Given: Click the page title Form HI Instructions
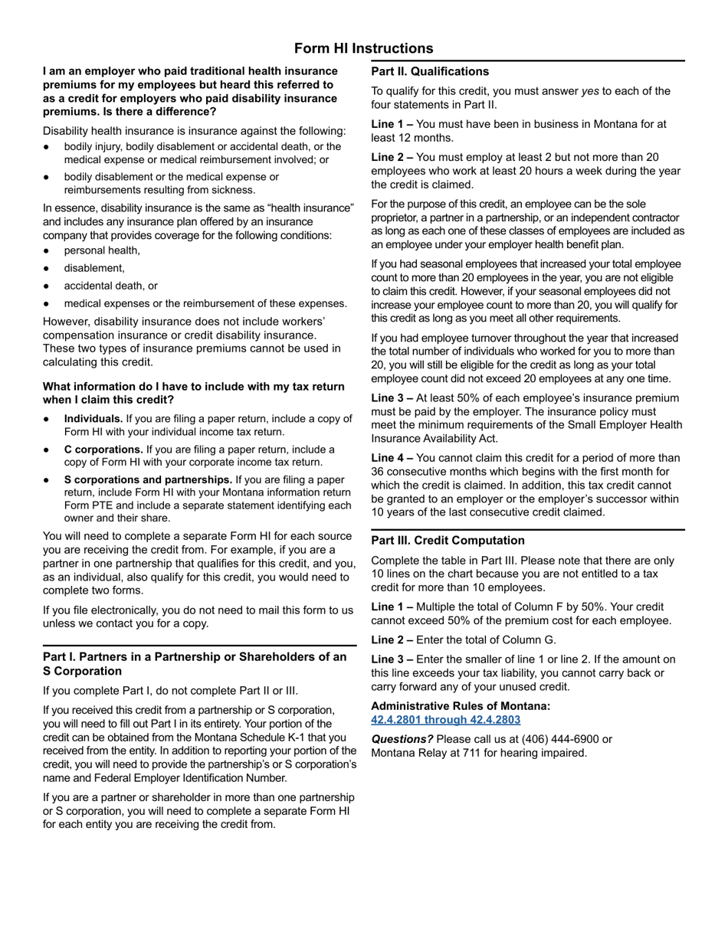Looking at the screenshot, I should [x=363, y=48].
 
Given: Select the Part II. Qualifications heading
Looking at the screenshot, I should [x=430, y=71].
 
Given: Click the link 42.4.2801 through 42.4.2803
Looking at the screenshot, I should [x=445, y=720].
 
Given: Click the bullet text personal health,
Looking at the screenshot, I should [x=102, y=250].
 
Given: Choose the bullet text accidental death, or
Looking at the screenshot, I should [x=110, y=286].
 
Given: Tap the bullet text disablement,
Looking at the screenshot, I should [x=94, y=268].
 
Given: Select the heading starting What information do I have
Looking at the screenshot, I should [x=193, y=393].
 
